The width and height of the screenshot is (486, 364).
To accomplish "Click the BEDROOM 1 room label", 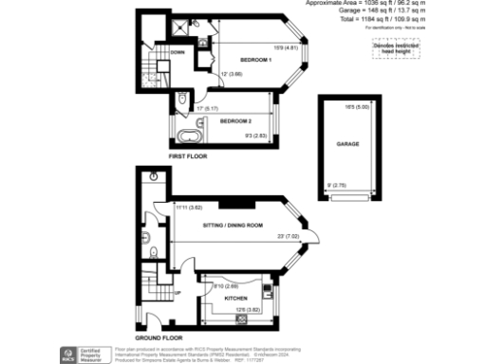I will coord(255,61).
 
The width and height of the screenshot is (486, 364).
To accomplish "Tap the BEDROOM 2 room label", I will coord(236,121).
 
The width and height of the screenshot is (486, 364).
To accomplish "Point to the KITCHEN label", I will coord(235,297).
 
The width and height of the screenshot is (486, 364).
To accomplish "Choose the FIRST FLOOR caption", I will coord(188,154).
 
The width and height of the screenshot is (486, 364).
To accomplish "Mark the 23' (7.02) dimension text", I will coord(289,236).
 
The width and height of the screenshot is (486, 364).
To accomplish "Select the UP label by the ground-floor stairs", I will coord(175,292).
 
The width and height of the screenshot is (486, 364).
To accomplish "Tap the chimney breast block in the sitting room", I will coord(234,201).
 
